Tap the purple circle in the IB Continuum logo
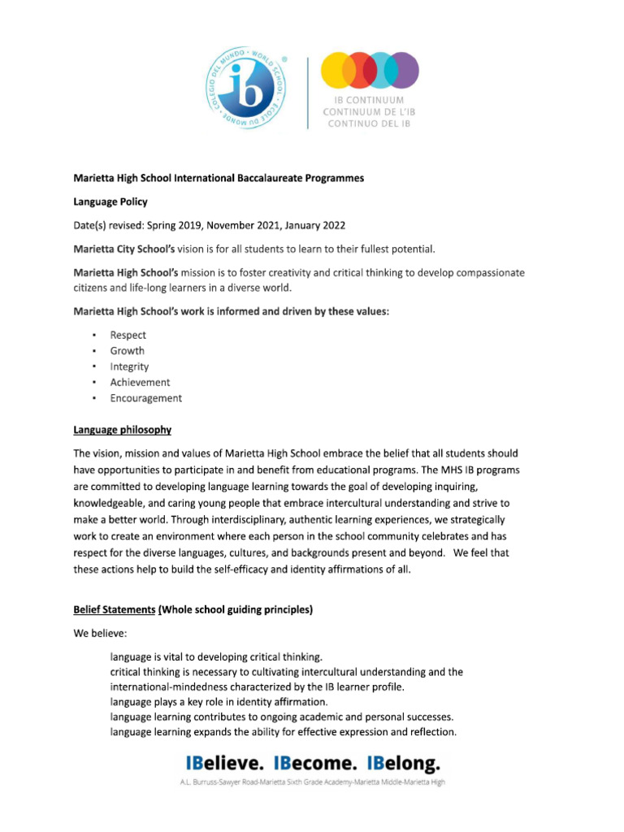click(401, 71)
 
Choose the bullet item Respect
click(128, 335)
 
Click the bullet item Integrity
click(129, 366)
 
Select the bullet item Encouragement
click(146, 398)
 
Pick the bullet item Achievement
click(140, 382)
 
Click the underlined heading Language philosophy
click(122, 430)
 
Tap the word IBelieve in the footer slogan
click(225, 764)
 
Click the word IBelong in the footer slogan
click(404, 764)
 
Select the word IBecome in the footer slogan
click(314, 764)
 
